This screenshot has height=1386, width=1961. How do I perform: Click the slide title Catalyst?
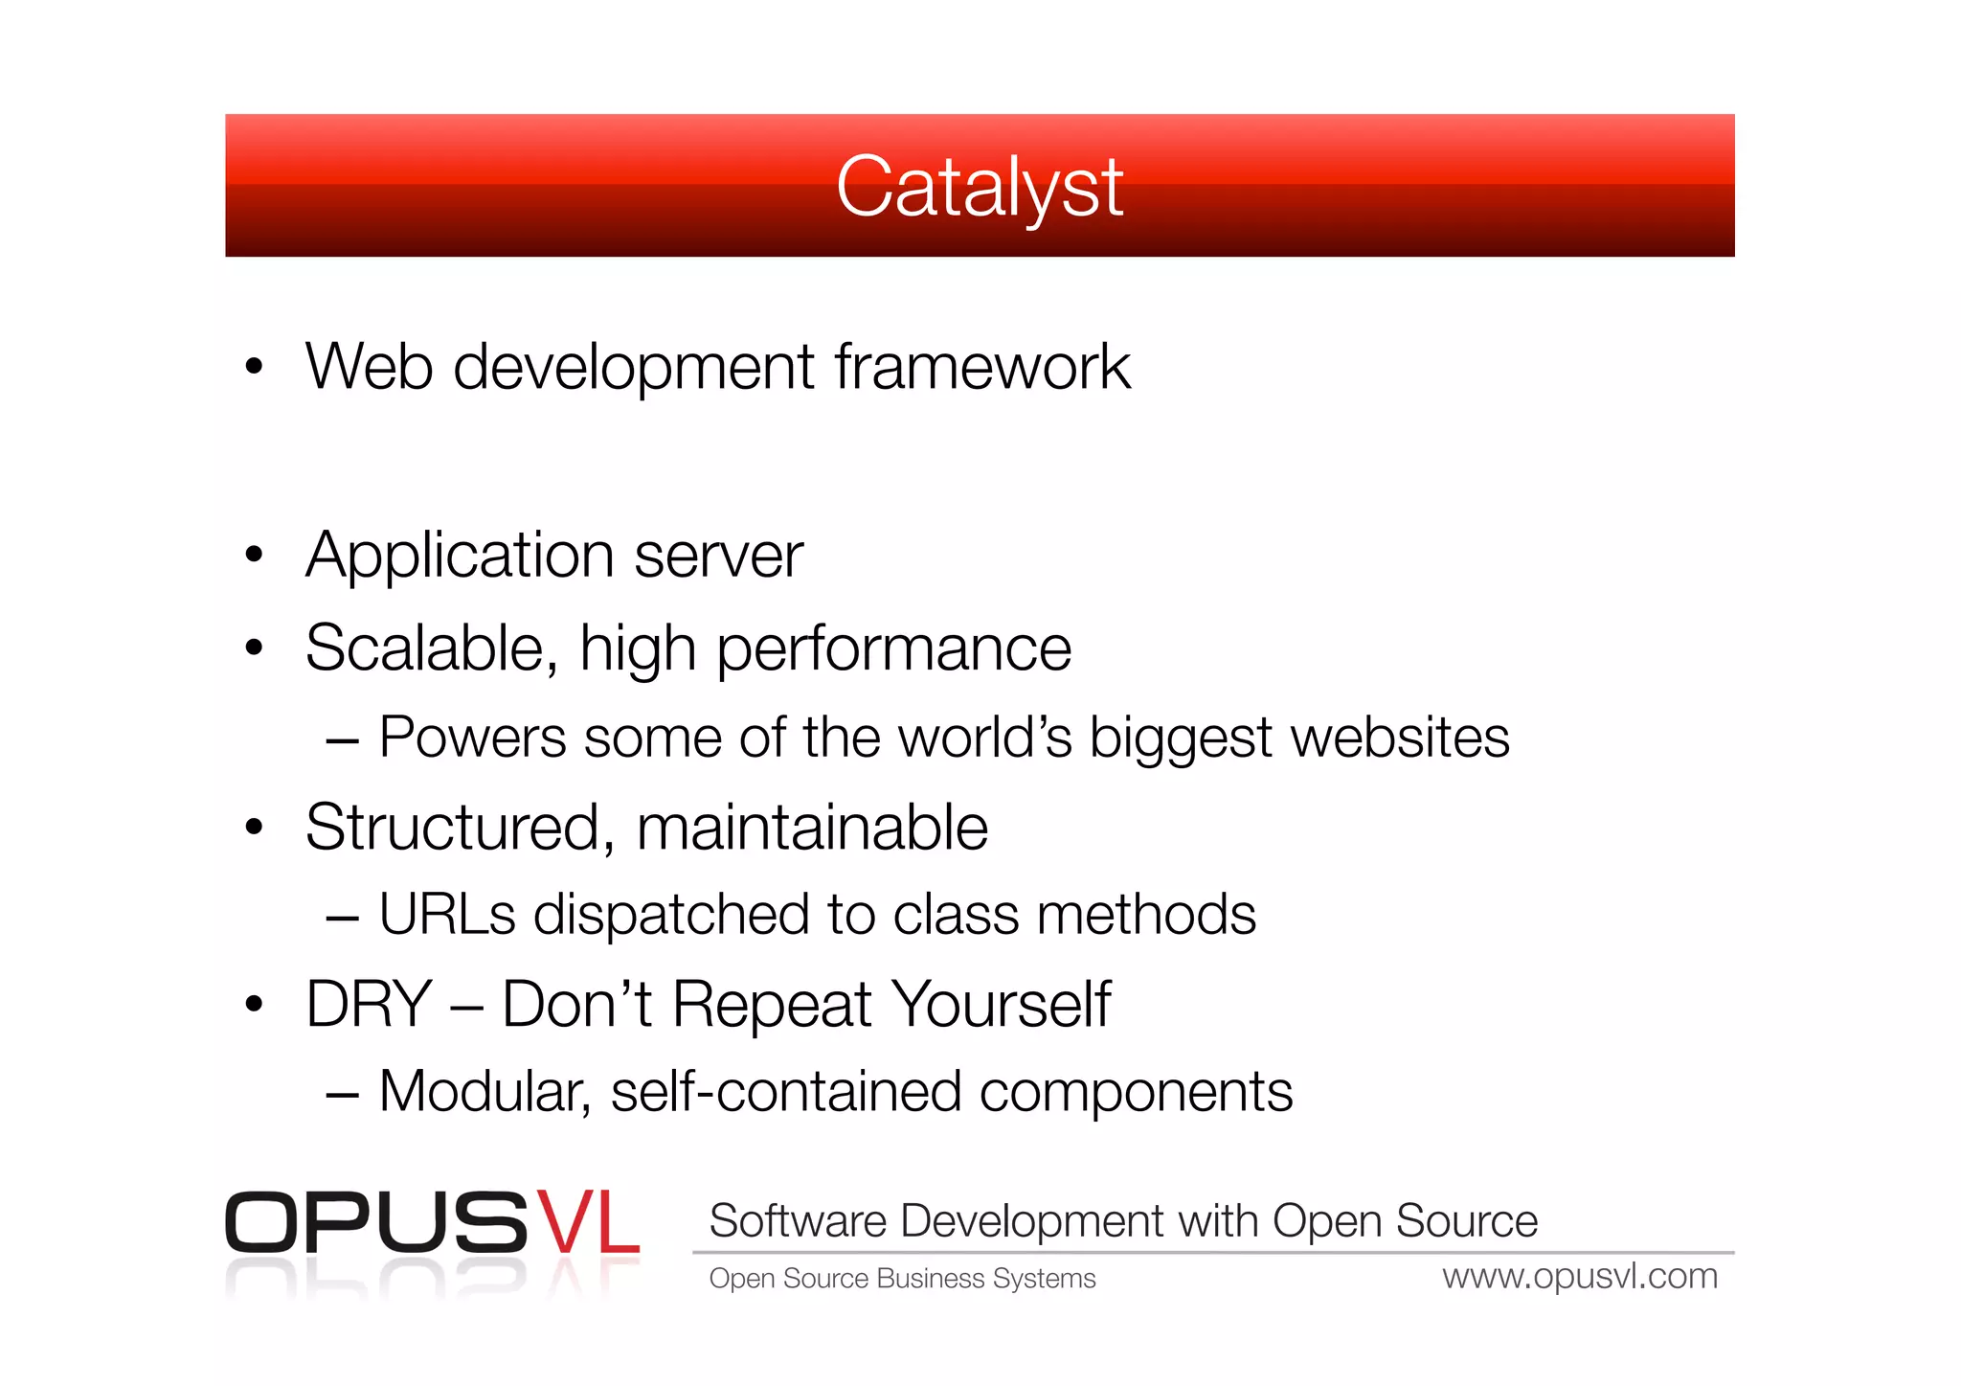coord(979,187)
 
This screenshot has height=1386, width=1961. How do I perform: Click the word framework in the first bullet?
coord(982,367)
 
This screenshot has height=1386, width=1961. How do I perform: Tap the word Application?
coord(460,557)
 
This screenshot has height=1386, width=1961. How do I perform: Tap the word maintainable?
coord(812,829)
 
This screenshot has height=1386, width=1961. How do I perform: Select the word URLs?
coord(447,915)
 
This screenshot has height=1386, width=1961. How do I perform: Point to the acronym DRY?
coord(370,1005)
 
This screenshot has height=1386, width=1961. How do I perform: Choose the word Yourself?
coord(1002,1005)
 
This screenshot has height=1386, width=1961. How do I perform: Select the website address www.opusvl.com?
coord(1580,1277)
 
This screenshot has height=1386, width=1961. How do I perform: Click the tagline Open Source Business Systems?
coord(902,1279)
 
